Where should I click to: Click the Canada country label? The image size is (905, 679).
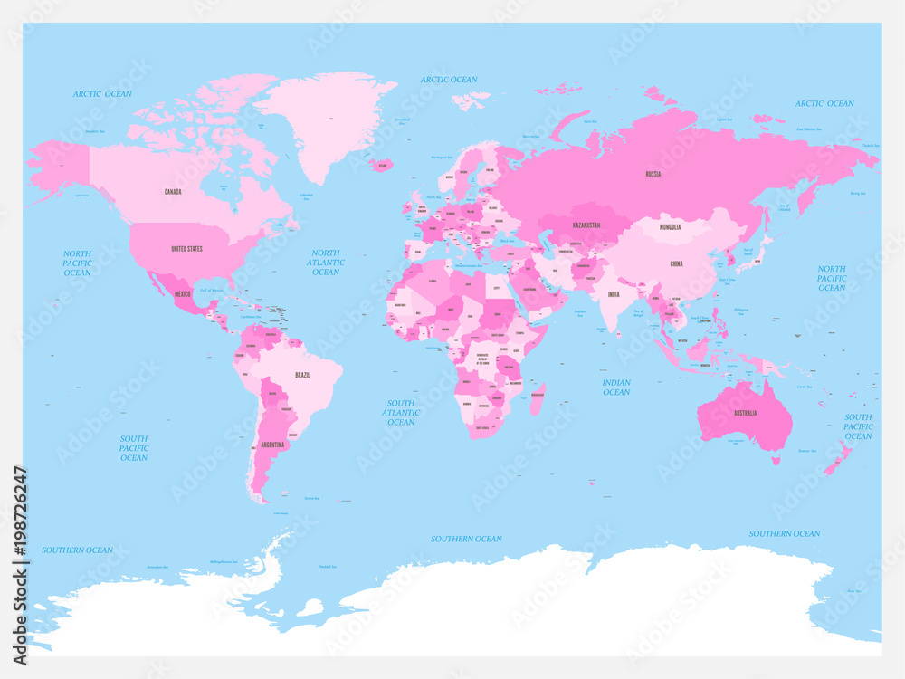click(x=172, y=192)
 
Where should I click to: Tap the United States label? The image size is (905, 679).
click(x=186, y=248)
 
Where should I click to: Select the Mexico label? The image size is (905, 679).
click(x=183, y=294)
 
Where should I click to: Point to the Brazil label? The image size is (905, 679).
click(x=303, y=374)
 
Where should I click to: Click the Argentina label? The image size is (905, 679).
click(x=272, y=445)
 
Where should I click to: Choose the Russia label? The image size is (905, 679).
click(x=653, y=174)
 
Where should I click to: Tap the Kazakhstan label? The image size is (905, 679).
click(x=587, y=225)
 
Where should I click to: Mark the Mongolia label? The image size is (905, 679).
click(x=670, y=227)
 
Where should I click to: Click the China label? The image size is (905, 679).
click(x=676, y=263)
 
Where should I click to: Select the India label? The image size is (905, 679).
click(x=614, y=294)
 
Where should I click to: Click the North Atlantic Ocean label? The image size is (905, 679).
click(x=326, y=263)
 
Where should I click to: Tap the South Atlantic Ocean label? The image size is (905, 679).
click(x=401, y=413)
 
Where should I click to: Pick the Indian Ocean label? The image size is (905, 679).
click(x=616, y=387)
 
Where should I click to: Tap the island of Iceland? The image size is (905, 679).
click(x=382, y=166)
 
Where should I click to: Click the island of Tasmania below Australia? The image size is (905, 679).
click(x=776, y=460)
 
